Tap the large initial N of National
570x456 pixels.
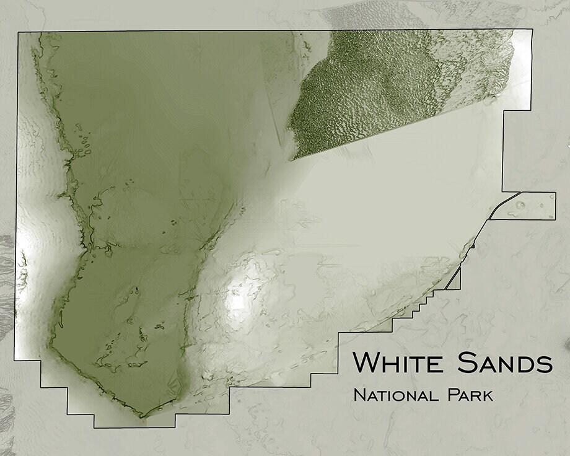(x=357, y=395)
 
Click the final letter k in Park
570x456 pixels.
(x=488, y=395)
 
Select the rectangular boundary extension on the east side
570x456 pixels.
(x=530, y=206)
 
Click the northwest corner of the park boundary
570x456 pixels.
(x=19, y=31)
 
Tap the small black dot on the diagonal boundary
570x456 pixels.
(x=472, y=246)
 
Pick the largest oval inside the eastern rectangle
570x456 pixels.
(x=519, y=205)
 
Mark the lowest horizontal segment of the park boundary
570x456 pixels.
(x=134, y=427)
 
